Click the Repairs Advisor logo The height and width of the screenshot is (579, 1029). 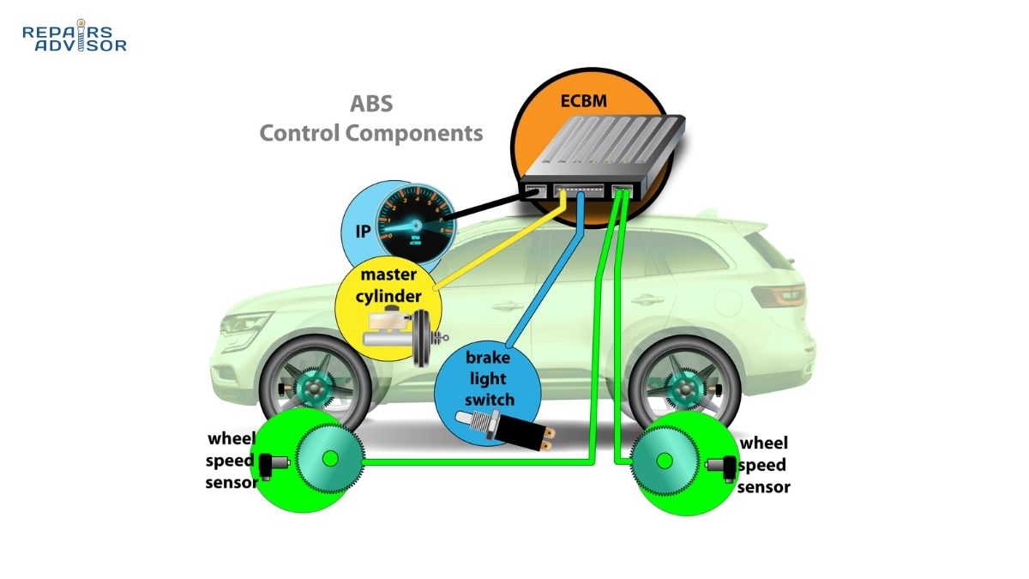coord(74,38)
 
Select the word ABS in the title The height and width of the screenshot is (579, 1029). coord(370,105)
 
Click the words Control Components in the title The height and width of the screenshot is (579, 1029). coord(370,134)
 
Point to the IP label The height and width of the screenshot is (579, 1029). coord(362,231)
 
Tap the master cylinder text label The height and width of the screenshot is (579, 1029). coord(390,286)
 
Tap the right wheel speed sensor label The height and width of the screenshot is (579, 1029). coord(764,465)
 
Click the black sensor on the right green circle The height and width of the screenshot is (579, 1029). coord(725,466)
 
